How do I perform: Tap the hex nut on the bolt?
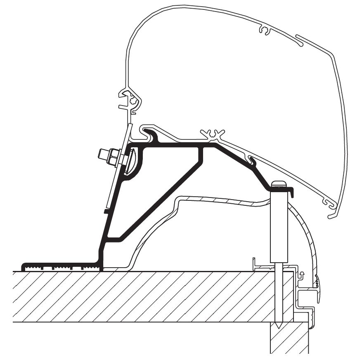pos(113,157)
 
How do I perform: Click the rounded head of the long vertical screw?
pos(278,184)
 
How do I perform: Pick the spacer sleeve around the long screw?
pos(278,227)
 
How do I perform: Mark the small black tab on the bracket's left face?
pos(106,211)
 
